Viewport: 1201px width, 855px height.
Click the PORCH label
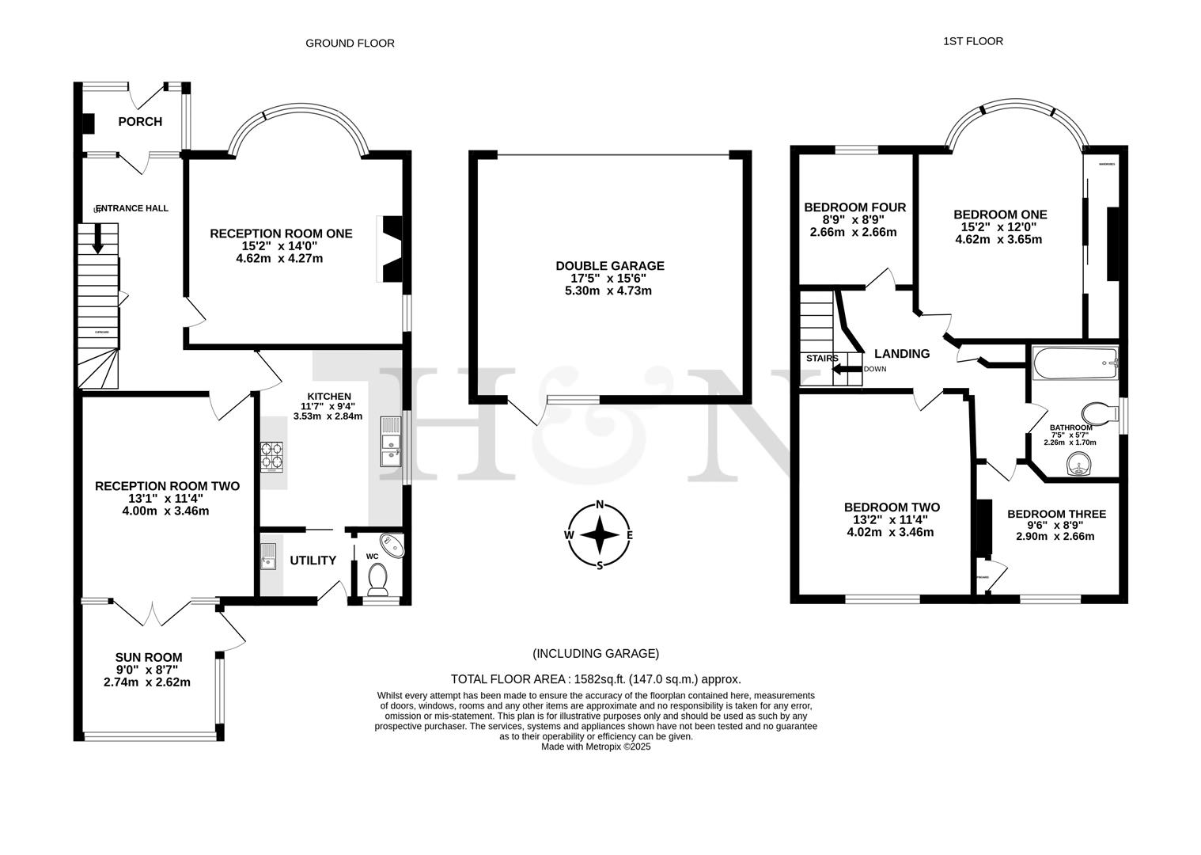click(140, 121)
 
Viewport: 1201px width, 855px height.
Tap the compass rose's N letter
click(600, 504)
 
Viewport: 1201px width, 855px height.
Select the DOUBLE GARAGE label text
click(609, 266)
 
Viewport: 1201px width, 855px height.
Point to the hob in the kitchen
click(271, 457)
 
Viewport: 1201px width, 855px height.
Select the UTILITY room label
click(313, 560)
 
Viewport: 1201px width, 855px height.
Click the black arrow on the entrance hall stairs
click(97, 238)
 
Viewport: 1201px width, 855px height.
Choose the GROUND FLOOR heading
click(350, 44)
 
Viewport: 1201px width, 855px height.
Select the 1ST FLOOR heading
click(972, 41)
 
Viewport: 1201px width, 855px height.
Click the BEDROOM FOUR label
click(854, 207)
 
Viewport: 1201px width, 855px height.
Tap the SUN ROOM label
click(149, 657)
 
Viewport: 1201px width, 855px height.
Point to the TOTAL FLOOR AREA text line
click(596, 678)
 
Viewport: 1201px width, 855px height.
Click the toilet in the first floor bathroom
click(1098, 412)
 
